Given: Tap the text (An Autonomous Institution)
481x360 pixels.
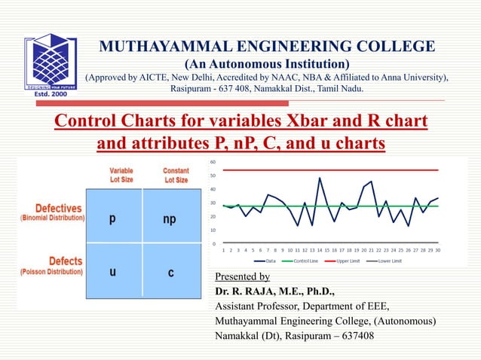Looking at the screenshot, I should tap(267, 63).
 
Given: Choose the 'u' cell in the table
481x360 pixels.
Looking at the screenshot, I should tap(112, 272).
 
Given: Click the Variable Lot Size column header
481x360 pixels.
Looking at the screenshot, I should tap(121, 175).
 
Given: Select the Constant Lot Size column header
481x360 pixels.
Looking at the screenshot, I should tap(176, 175).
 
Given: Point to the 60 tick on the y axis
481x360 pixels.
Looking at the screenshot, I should tap(213, 162).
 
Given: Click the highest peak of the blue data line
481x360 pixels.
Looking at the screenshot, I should tap(320, 178).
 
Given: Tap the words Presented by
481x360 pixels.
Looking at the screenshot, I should tap(242, 276).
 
